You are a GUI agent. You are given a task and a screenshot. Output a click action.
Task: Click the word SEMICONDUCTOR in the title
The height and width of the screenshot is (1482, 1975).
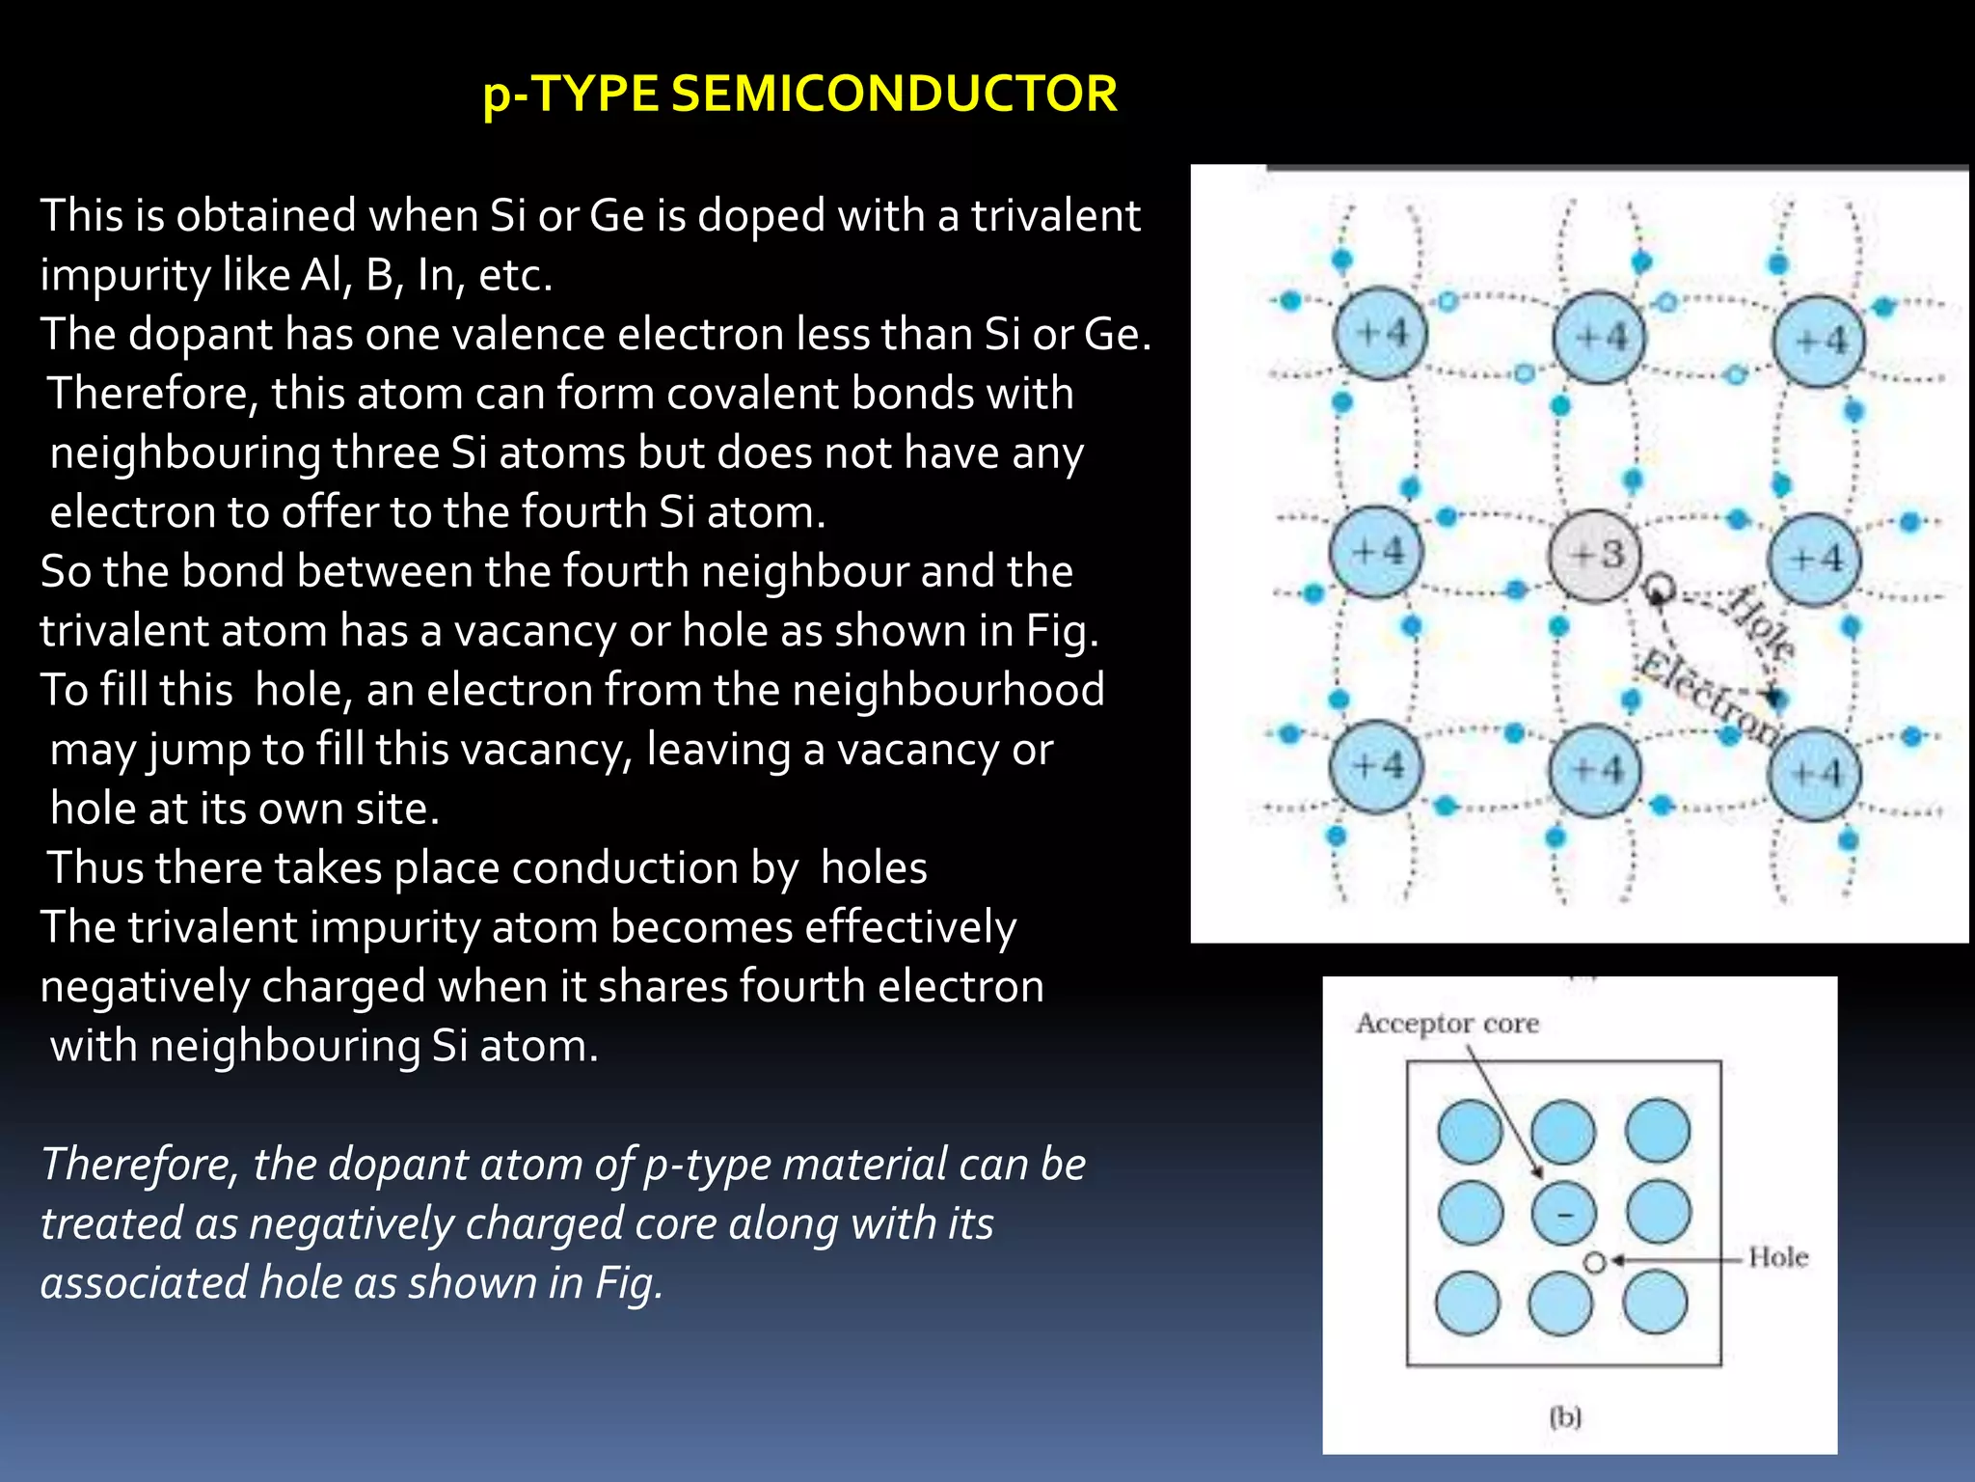pos(894,94)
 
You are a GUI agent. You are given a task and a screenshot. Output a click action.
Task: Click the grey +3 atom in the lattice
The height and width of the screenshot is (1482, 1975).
pos(1595,557)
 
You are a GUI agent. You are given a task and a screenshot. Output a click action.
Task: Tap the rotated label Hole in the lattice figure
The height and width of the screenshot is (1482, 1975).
pos(1761,622)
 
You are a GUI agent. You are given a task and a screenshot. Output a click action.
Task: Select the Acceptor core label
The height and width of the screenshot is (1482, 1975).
pos(1447,1023)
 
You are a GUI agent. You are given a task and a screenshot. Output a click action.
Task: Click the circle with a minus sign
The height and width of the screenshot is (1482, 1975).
pos(1562,1214)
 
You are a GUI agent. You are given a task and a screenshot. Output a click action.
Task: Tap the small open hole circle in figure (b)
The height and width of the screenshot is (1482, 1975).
pos(1595,1262)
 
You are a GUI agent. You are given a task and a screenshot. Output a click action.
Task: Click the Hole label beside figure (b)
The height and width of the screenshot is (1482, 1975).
pos(1777,1257)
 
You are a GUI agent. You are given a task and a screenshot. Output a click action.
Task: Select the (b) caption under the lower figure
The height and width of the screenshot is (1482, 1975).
pos(1565,1417)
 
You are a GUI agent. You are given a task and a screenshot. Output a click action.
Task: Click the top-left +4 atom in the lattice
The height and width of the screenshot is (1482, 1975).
pos(1379,334)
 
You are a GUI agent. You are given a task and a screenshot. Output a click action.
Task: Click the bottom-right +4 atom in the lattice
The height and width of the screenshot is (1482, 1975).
pos(1814,774)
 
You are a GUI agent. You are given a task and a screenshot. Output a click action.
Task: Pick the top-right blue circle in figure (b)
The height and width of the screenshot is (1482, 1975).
pos(1657,1130)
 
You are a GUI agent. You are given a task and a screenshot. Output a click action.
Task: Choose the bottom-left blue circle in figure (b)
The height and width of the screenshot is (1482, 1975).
pos(1468,1304)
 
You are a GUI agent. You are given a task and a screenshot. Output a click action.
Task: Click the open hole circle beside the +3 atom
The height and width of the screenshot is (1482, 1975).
pos(1659,587)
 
